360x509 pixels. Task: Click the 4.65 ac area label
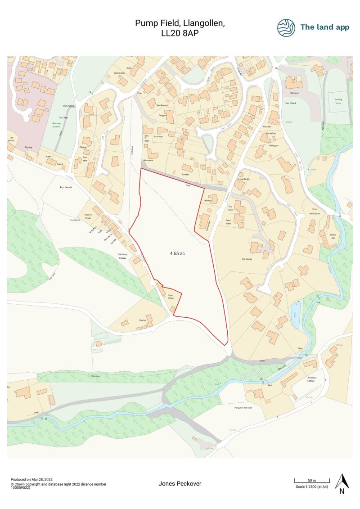[x=177, y=254]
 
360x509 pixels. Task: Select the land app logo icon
[x=286, y=27]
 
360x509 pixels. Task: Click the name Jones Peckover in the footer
[x=180, y=484]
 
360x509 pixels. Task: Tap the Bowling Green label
[x=335, y=101]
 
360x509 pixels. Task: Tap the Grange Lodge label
[x=243, y=179]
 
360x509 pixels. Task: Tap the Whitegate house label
[x=274, y=146]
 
